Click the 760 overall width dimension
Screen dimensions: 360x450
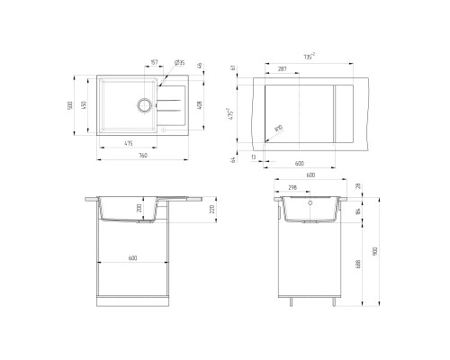point(143,155)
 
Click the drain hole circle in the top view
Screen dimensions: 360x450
point(144,104)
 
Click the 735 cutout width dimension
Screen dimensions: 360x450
point(310,57)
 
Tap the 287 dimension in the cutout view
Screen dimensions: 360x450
point(282,68)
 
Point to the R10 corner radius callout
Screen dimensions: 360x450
point(278,130)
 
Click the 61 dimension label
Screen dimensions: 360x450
point(233,68)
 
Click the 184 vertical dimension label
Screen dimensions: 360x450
point(358,212)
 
